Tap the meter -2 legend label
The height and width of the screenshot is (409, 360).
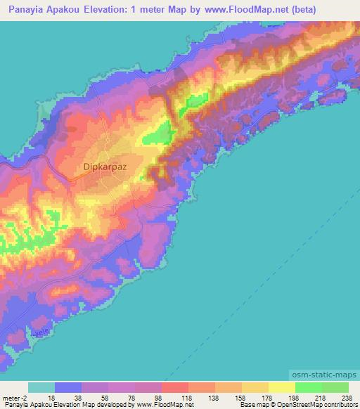[x=13, y=397]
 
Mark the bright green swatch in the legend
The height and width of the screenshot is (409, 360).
[x=308, y=387]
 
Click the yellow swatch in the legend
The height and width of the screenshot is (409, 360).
[x=281, y=387]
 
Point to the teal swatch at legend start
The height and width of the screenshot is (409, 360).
[x=41, y=387]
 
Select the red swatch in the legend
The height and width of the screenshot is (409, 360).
[x=174, y=387]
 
